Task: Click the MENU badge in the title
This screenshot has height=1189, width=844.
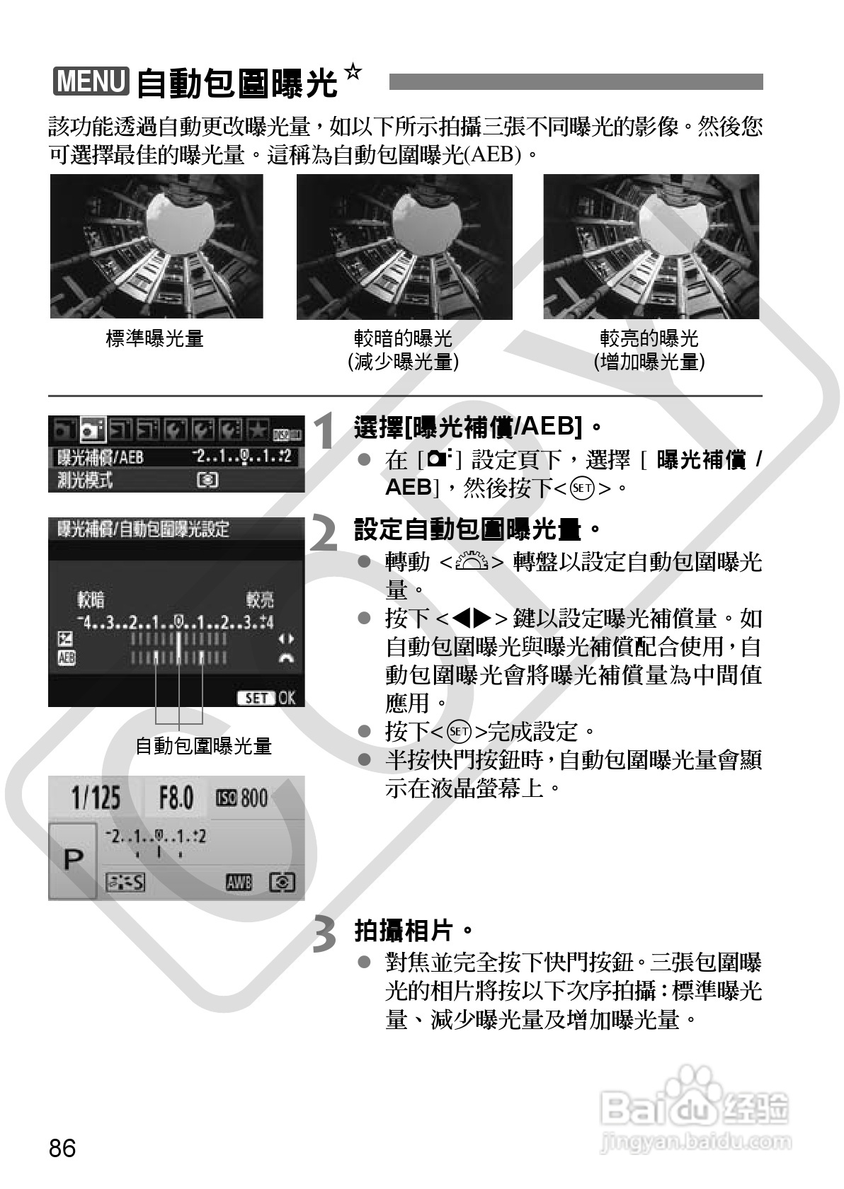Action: (91, 81)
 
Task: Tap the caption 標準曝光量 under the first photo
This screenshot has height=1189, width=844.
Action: (154, 338)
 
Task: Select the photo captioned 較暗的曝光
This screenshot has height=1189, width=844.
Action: (404, 246)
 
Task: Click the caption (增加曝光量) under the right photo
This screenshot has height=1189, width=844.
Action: (649, 362)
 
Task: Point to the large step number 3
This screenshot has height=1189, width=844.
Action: (325, 934)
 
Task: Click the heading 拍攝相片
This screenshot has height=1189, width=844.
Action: (413, 931)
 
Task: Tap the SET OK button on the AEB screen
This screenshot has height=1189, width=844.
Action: (266, 698)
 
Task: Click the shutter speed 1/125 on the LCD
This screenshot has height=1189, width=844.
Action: (96, 799)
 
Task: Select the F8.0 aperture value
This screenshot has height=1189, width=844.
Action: (176, 799)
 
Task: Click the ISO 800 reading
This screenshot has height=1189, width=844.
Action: (242, 799)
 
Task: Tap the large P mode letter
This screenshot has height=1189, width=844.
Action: (73, 860)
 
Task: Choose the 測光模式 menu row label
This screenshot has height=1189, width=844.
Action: (84, 481)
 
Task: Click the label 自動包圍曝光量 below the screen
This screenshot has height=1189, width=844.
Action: (203, 746)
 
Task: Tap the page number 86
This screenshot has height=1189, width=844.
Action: (62, 1148)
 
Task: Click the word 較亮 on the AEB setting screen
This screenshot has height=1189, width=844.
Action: (260, 600)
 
